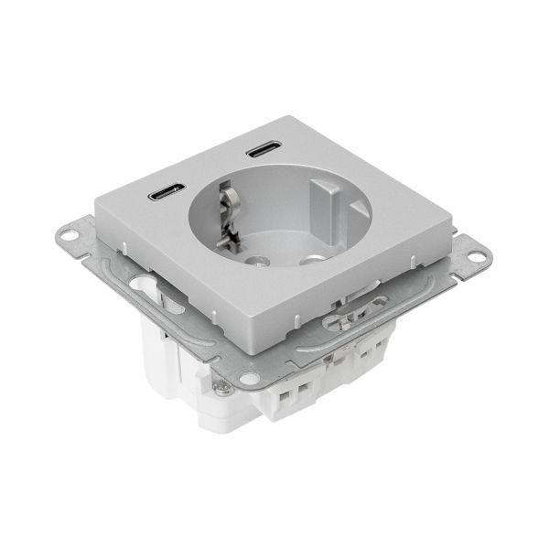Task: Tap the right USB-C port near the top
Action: click(263, 148)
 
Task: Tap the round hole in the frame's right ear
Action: click(476, 255)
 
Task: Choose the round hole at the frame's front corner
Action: click(248, 377)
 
